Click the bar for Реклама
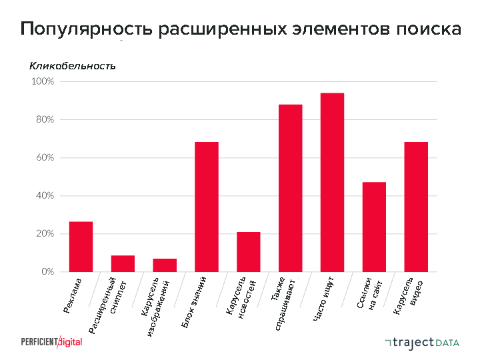coord(81,247)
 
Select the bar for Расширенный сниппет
coord(123,264)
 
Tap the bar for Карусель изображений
coord(165,265)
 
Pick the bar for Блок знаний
coord(207,207)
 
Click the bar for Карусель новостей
coord(249,252)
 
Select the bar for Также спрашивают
coord(290,188)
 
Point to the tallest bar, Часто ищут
coord(332,182)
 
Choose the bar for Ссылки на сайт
coord(374,227)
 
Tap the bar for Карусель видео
coord(416,207)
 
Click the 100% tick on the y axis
coord(43,81)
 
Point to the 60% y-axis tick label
coord(45,158)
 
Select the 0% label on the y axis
coord(47,272)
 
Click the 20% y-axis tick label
coord(45,234)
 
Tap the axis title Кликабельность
coord(72,66)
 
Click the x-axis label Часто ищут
coord(328,299)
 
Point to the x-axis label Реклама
coord(73,295)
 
